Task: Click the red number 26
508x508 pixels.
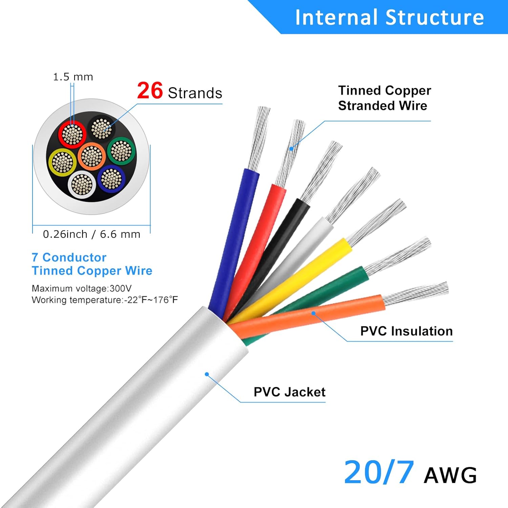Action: point(150,91)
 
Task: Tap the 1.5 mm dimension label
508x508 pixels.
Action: point(73,77)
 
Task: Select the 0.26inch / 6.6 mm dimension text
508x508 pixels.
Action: point(91,234)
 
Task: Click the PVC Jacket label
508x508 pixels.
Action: point(289,392)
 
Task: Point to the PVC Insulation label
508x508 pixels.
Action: point(406,331)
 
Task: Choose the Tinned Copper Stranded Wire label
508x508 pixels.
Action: point(384,98)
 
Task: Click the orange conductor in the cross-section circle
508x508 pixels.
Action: point(91,156)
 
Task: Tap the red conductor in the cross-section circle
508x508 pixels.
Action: point(72,134)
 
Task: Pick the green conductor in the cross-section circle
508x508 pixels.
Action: point(121,151)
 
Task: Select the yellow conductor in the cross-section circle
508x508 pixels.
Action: point(62,162)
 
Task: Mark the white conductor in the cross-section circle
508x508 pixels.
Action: point(82,185)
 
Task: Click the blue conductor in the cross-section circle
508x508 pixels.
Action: point(111,178)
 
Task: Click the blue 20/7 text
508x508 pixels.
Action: point(379,472)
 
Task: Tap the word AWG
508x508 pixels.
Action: point(450,475)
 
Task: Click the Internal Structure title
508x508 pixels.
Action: point(389,17)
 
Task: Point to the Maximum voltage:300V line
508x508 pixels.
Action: point(82,288)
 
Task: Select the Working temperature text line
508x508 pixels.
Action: point(105,300)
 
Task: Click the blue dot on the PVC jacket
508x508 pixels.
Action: point(207,374)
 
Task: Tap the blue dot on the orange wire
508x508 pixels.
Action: point(314,313)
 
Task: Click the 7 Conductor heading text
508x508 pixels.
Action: point(69,257)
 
